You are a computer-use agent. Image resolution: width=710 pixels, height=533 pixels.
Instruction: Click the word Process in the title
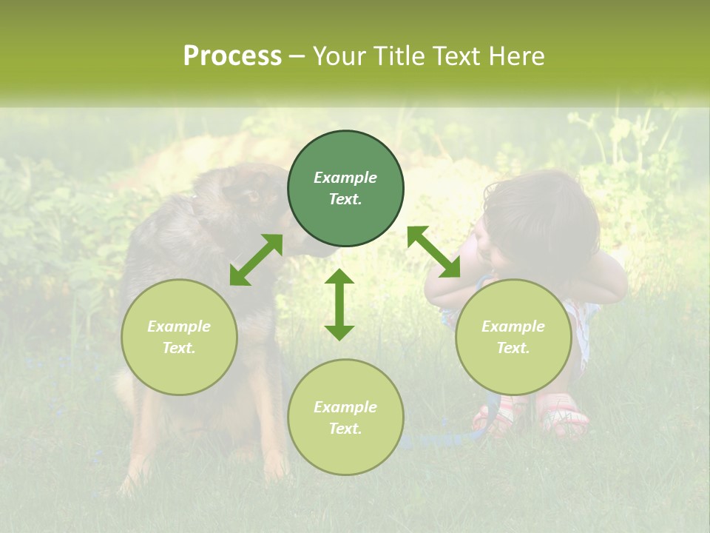tap(232, 56)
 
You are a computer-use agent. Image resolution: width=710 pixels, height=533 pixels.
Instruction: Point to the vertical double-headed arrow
tap(339, 304)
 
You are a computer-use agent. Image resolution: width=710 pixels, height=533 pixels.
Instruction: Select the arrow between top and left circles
tap(256, 260)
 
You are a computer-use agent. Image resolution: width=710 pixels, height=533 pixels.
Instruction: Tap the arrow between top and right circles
tap(433, 252)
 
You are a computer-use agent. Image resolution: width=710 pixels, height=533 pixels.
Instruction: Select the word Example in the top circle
tap(345, 178)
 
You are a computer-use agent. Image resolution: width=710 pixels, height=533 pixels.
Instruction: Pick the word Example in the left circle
tap(179, 326)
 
